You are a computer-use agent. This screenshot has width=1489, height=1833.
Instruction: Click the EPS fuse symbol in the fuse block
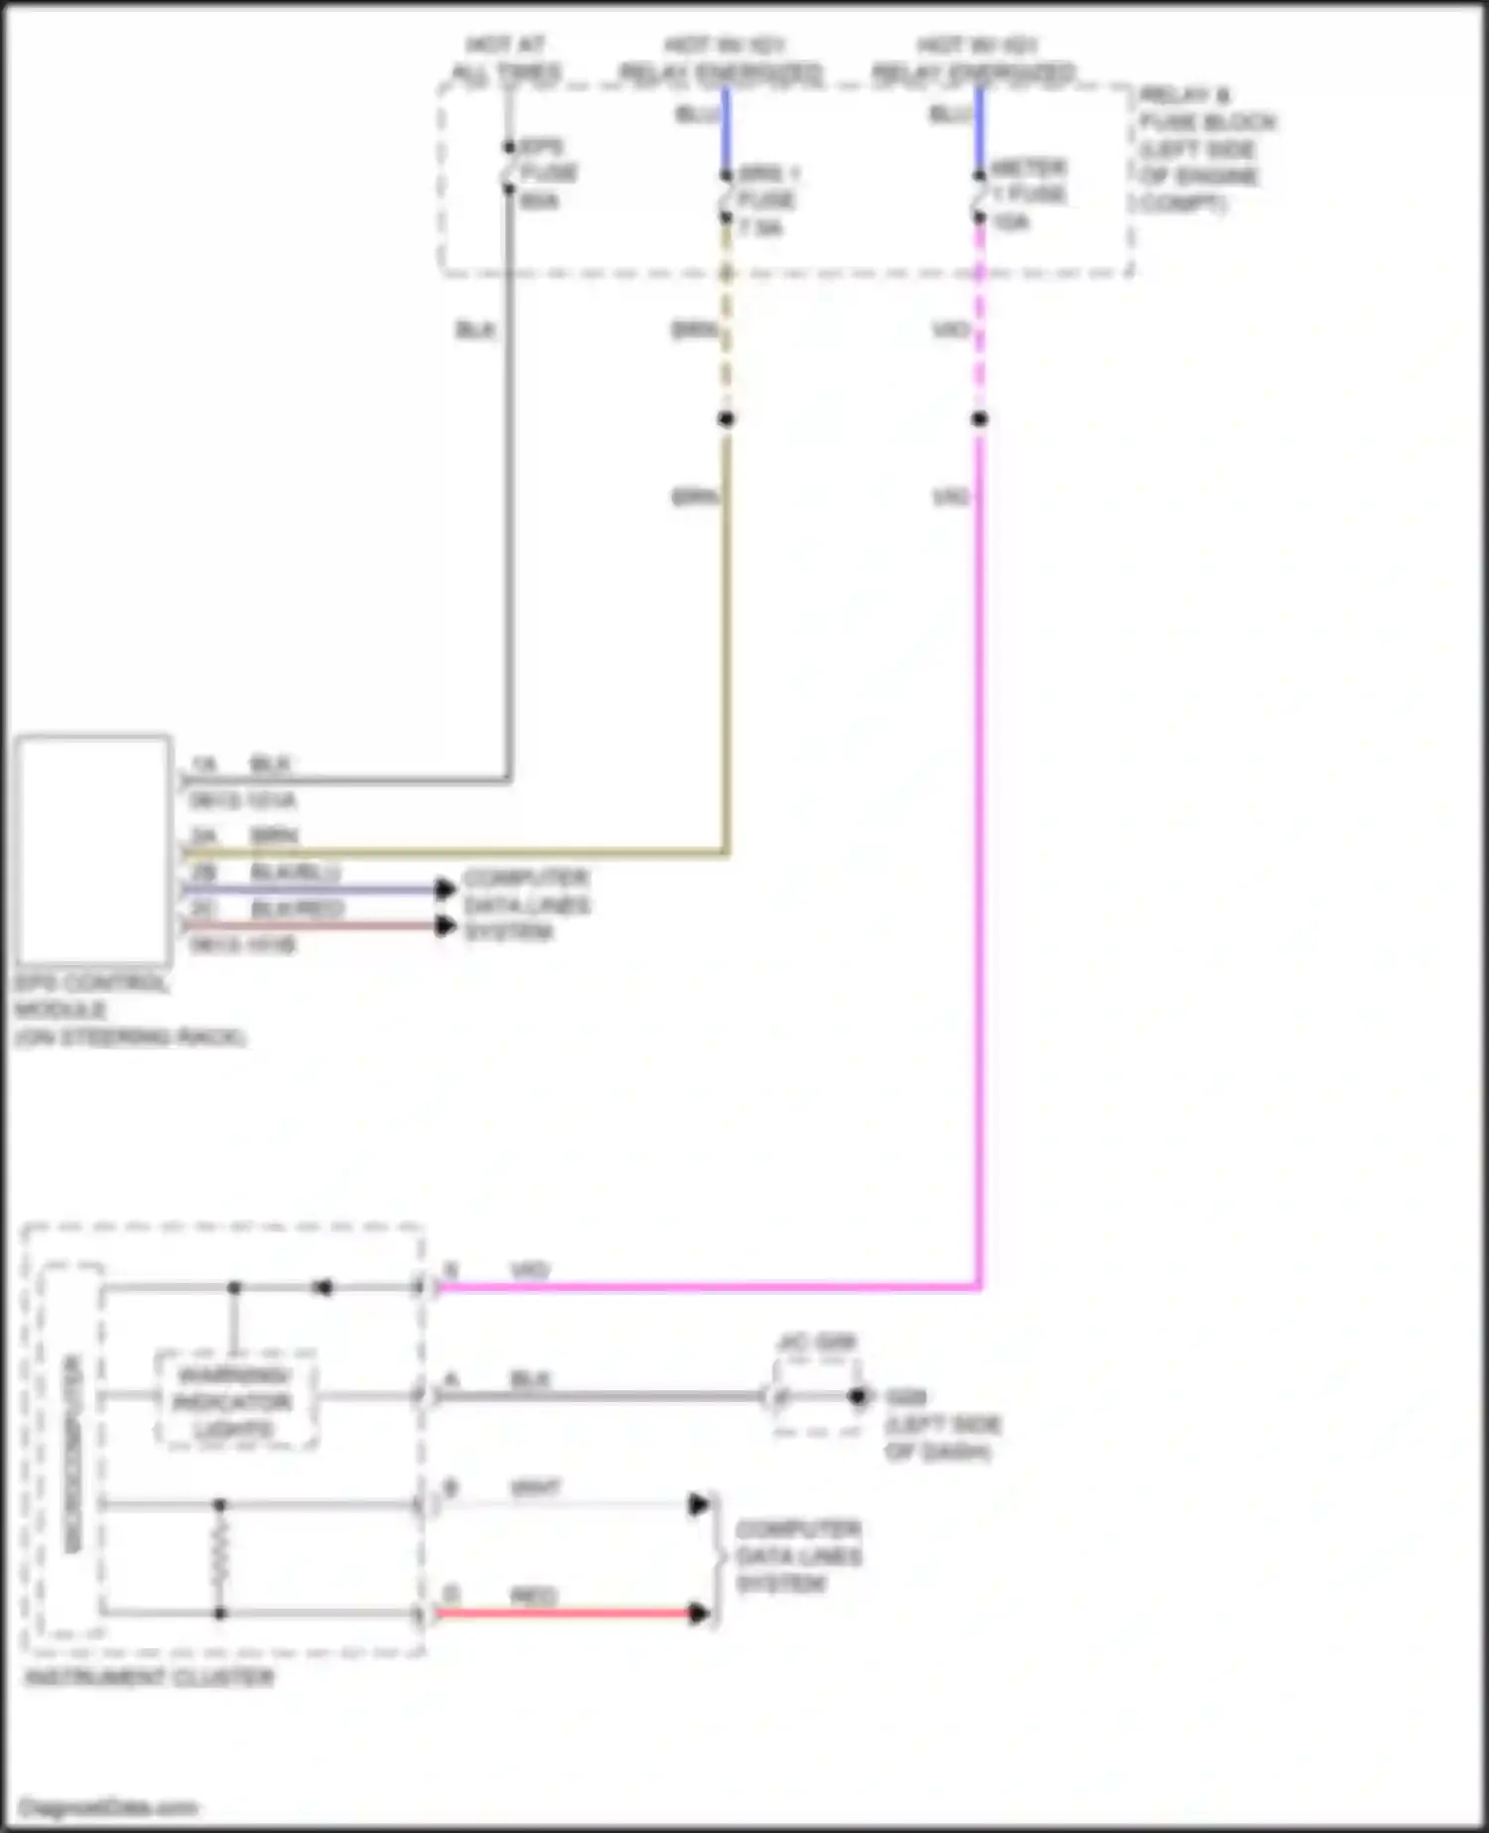pyautogui.click(x=508, y=167)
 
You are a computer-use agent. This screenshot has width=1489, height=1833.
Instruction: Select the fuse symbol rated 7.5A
pyautogui.click(x=726, y=197)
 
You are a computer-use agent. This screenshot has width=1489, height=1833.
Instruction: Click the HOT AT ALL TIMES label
pyautogui.click(x=506, y=59)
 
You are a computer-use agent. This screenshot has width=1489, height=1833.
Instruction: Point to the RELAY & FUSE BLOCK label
pyautogui.click(x=1205, y=149)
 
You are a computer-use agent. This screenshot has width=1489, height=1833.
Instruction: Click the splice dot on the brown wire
pyautogui.click(x=726, y=419)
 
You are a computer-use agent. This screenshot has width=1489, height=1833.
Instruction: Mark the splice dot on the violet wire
pyautogui.click(x=980, y=419)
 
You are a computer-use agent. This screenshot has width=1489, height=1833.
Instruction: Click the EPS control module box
pyautogui.click(x=93, y=850)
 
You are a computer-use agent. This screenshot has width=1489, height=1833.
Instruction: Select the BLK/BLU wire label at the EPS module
pyautogui.click(x=295, y=873)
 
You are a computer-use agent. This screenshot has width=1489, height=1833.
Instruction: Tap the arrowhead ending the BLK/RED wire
pyautogui.click(x=446, y=926)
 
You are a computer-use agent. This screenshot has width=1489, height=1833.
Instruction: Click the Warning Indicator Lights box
pyautogui.click(x=235, y=1401)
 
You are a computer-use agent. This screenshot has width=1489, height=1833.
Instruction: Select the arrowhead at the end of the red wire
pyautogui.click(x=700, y=1614)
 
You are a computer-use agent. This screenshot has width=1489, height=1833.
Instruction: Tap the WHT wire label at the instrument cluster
pyautogui.click(x=536, y=1487)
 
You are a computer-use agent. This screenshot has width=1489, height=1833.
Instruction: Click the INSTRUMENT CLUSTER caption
pyautogui.click(x=149, y=1677)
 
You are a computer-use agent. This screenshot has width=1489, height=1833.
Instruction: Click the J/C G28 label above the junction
pyautogui.click(x=816, y=1343)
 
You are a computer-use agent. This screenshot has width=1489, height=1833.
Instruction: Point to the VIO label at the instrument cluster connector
pyautogui.click(x=528, y=1270)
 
